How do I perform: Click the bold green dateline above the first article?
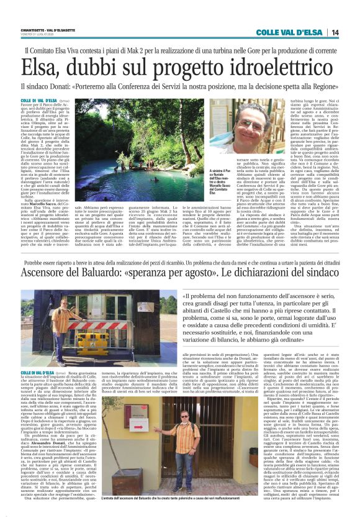pyautogui.click(x=37, y=100)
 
